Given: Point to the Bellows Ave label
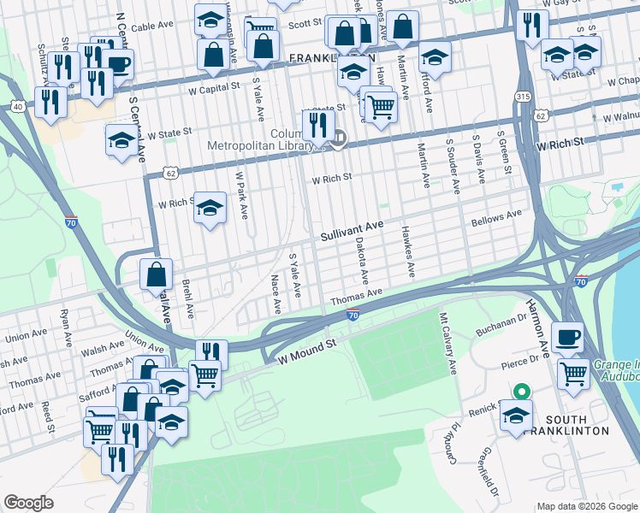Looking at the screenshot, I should click(496, 218).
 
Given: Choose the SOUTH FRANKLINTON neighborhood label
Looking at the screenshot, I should click(578, 424).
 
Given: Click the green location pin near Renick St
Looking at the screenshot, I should click(521, 392).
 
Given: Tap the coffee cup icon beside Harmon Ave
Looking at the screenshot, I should click(567, 336).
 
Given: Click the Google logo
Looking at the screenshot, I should click(28, 503).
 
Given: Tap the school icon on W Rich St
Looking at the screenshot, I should click(210, 207).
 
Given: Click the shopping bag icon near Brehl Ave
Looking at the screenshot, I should click(157, 274).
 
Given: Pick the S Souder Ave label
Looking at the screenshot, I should click(455, 170).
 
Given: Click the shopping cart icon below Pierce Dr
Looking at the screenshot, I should click(572, 372).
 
